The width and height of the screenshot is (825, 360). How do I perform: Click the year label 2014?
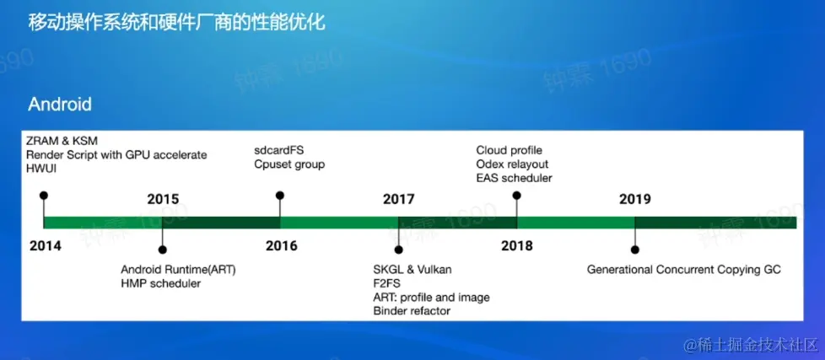click(x=46, y=245)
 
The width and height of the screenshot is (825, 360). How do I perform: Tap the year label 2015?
click(x=163, y=199)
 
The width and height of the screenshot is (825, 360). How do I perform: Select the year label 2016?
click(x=282, y=245)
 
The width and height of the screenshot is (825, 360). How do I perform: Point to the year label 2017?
click(x=399, y=199)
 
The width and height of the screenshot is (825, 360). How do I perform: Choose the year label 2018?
click(x=516, y=245)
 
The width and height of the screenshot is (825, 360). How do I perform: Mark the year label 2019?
click(x=635, y=199)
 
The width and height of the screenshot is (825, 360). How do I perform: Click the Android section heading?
click(x=60, y=104)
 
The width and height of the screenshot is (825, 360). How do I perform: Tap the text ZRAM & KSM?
click(x=62, y=141)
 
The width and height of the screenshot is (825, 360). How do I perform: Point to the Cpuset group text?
click(x=289, y=164)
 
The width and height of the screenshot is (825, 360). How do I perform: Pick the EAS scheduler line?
click(x=514, y=178)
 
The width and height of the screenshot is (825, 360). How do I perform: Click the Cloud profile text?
click(x=509, y=150)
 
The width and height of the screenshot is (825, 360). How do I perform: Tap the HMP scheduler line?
click(x=161, y=283)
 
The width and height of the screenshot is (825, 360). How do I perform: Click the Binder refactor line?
click(x=412, y=310)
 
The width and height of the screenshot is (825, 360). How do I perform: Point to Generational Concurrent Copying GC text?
click(x=684, y=270)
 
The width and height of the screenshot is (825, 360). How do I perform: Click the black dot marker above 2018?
click(x=516, y=196)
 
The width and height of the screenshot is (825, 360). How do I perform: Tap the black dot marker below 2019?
click(x=635, y=250)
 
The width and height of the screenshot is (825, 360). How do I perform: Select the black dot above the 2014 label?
click(x=44, y=196)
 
